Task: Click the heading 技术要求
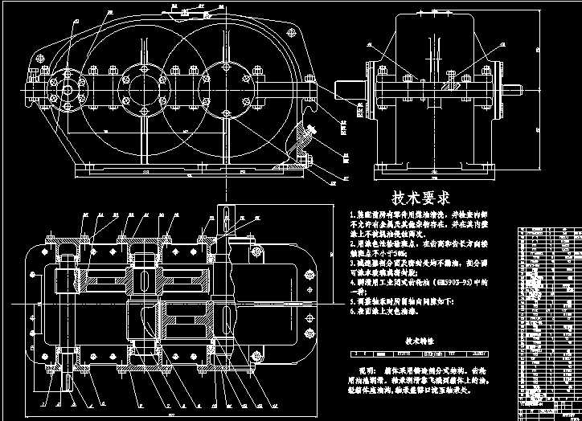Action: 420,198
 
